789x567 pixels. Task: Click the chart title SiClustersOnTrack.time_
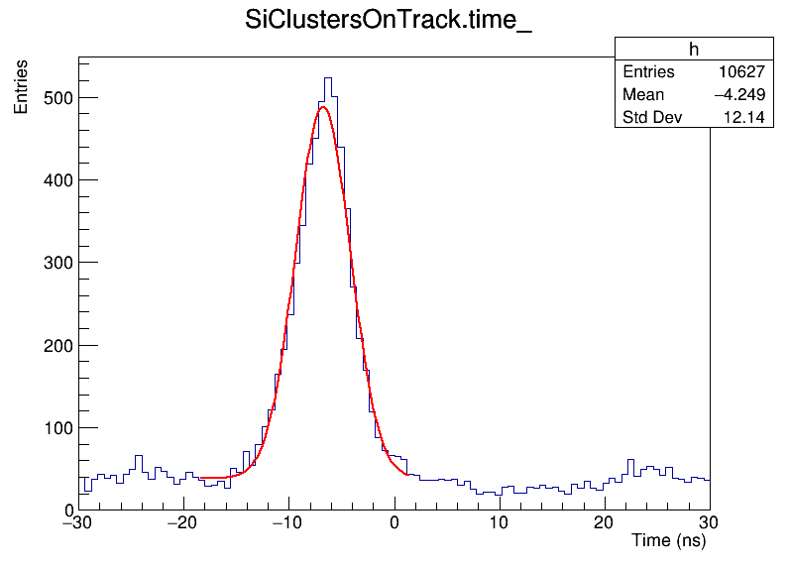[389, 22]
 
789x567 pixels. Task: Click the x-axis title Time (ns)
[668, 541]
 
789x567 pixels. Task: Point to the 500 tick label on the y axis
[55, 98]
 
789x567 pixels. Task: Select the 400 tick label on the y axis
[55, 180]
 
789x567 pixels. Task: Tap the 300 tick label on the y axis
[55, 263]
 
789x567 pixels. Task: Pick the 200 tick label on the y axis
[55, 346]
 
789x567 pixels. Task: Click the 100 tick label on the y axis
[55, 428]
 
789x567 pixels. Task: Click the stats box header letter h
[694, 50]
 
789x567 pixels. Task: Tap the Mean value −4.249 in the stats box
[738, 95]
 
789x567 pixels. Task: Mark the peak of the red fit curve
[323, 107]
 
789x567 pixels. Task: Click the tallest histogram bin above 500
[328, 78]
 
